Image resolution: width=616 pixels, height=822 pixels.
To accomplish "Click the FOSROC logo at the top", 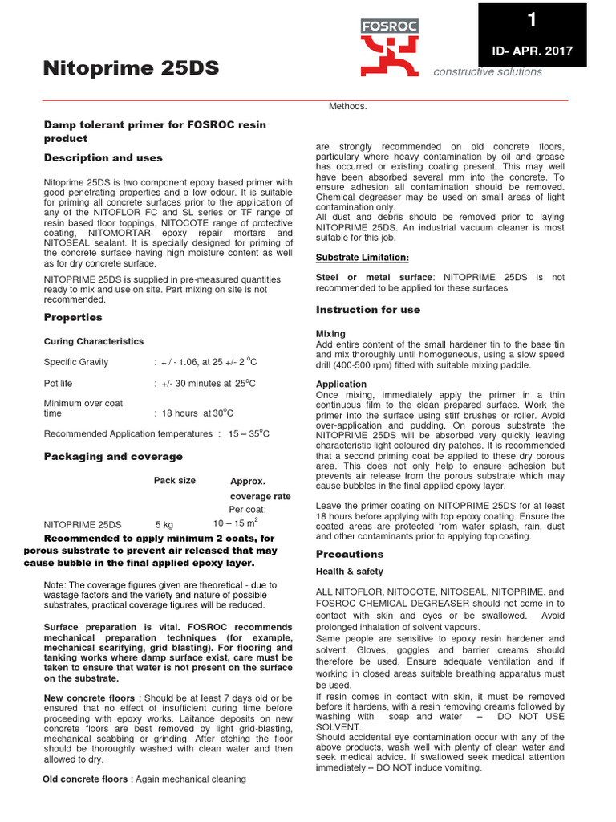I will pos(389,48).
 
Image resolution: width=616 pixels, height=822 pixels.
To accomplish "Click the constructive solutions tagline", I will pos(487,72).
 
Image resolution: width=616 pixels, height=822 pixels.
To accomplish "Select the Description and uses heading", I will pos(103,158).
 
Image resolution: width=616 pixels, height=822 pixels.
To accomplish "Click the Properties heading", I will pos(73,318).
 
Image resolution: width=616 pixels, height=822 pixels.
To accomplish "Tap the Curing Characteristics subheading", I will pos(94,341).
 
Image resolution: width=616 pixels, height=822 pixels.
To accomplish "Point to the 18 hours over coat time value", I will pos(197,413).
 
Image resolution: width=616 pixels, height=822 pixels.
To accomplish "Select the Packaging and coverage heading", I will pos(113,457).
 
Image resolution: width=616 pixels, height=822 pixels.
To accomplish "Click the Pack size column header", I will pos(174,481).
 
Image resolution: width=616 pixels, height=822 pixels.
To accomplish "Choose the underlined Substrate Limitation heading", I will pos(363,257).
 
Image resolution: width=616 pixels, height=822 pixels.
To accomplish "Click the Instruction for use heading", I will pos(368,310).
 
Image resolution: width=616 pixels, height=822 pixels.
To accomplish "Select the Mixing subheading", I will pos(330,333).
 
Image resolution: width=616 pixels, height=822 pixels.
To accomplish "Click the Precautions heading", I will pos(350,555).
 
